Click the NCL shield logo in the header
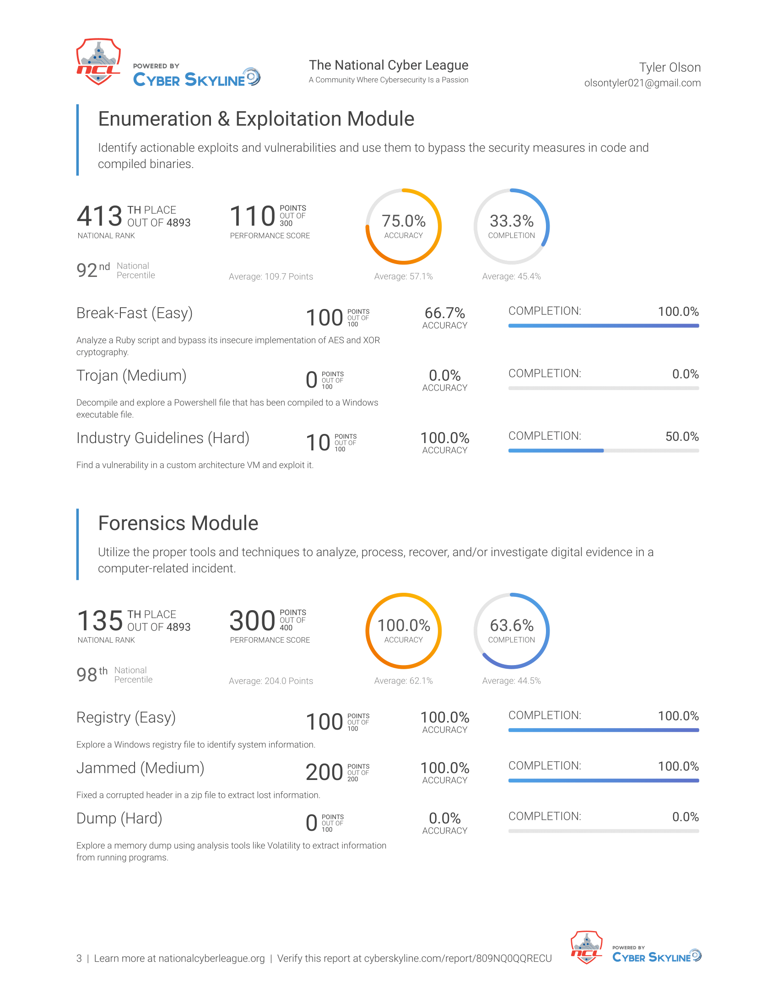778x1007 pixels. [98, 62]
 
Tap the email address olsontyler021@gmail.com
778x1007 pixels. [642, 83]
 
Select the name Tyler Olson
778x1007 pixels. [670, 67]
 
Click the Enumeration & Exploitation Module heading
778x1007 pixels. [256, 119]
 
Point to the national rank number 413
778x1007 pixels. [100, 216]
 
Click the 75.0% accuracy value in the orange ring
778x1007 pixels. [403, 221]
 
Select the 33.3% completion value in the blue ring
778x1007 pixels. [512, 221]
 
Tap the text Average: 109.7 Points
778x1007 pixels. [271, 276]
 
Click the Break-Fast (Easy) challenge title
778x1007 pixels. [135, 313]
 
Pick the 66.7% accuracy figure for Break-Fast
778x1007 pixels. [445, 313]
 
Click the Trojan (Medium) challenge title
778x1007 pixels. [131, 376]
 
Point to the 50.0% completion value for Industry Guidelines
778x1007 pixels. [682, 437]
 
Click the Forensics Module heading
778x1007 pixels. [178, 523]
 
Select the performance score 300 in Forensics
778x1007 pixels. [252, 621]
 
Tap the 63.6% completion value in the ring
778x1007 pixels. [512, 625]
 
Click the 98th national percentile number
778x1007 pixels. [86, 675]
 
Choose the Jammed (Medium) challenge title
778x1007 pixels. [140, 768]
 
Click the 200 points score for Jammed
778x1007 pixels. [324, 772]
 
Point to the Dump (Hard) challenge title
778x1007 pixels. [119, 818]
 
